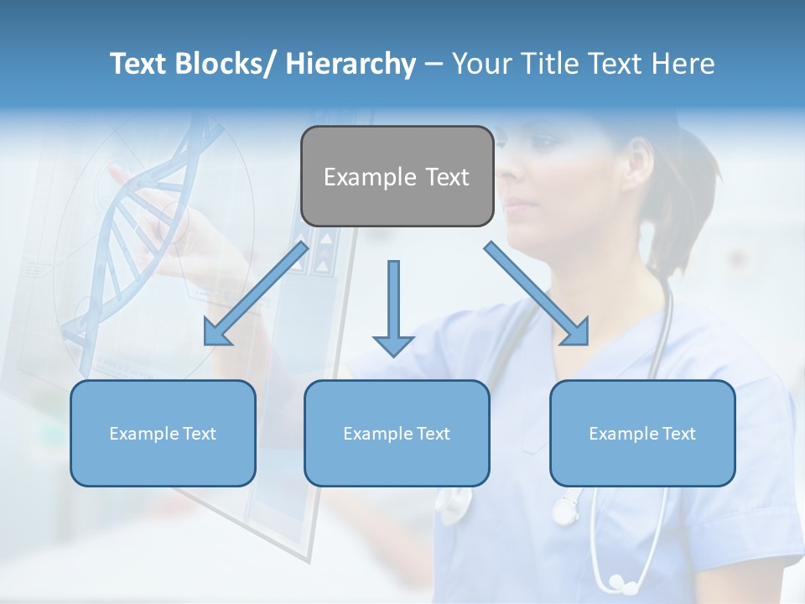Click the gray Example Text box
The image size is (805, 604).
coord(397,176)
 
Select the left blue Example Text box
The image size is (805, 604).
coord(163,433)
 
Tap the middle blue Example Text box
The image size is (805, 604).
coord(397,433)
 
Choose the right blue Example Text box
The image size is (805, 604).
coord(642,433)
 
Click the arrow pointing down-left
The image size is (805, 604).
coord(256,294)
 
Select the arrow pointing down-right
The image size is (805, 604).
coord(537,294)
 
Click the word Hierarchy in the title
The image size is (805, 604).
coord(351,64)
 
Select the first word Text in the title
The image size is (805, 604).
coord(138,64)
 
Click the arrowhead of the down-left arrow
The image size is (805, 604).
coord(216,332)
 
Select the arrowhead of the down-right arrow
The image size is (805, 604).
coord(576,332)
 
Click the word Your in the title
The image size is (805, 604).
coord(481,64)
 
